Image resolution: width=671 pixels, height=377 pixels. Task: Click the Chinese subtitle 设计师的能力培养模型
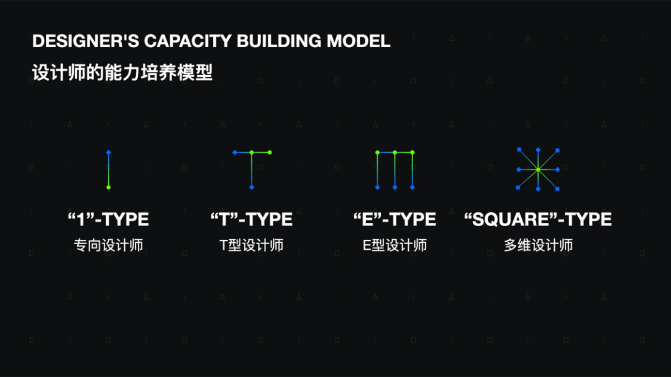(122, 73)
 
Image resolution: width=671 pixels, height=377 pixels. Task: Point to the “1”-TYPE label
(108, 219)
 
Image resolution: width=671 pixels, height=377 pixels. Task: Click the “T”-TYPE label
(252, 219)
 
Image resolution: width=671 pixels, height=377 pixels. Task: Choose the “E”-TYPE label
(395, 219)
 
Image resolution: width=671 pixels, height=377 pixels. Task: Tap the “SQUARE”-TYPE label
(538, 219)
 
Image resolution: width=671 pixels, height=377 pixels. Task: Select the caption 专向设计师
(108, 245)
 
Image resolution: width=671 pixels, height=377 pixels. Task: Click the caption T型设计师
(252, 245)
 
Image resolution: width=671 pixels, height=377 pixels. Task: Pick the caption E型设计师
(395, 245)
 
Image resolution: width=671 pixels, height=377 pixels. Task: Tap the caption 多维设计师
(538, 245)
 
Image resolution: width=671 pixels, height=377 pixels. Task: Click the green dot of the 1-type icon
(108, 187)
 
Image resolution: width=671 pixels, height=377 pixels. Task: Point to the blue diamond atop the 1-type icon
(108, 152)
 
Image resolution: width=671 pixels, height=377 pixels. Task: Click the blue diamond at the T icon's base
(252, 187)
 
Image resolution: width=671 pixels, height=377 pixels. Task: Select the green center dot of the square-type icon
(538, 169)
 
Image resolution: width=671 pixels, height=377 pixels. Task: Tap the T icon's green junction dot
(252, 152)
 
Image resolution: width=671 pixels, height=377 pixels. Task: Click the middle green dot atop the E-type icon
(395, 152)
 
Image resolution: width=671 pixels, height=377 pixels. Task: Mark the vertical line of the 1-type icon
(108, 170)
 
